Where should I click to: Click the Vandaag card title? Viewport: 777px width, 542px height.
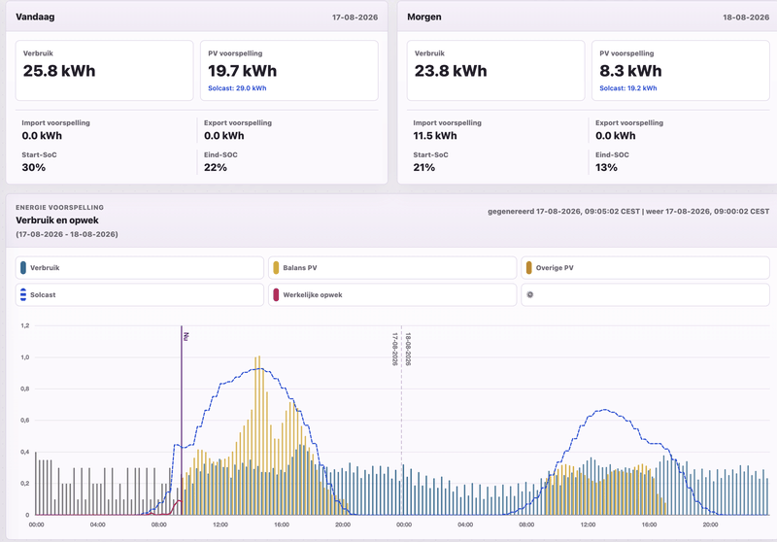tap(35, 17)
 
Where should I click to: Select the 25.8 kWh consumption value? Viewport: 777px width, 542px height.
tap(59, 71)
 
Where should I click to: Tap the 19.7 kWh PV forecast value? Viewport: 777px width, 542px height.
tap(242, 71)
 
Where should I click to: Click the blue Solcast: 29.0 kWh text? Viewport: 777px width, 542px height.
tap(237, 88)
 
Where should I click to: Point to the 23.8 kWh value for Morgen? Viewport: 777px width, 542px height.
tap(451, 71)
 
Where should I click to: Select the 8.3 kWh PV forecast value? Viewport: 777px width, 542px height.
tap(630, 71)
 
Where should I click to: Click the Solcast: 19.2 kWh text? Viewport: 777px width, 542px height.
tap(627, 88)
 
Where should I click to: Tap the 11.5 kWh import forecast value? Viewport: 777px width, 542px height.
tap(435, 136)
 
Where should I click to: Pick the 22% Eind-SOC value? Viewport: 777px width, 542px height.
tap(216, 167)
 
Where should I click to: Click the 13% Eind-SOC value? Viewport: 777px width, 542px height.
tap(606, 167)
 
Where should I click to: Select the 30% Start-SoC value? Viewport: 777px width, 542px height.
tap(34, 167)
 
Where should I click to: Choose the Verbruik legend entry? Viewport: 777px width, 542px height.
tap(139, 268)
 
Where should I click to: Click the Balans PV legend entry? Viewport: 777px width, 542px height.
tap(392, 268)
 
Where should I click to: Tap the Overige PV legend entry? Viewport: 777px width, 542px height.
tap(645, 268)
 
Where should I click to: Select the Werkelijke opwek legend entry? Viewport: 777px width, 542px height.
tap(392, 294)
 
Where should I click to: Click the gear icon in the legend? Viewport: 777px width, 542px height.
tap(529, 294)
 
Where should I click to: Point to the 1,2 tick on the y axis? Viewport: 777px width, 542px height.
tap(25, 325)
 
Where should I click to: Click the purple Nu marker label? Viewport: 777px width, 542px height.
tap(186, 336)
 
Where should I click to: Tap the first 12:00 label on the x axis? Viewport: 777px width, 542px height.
tap(220, 525)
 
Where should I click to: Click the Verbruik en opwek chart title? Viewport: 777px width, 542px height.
tap(57, 220)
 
